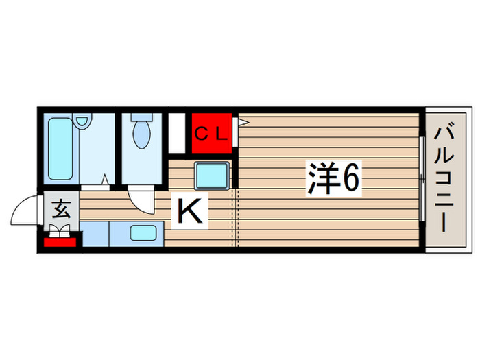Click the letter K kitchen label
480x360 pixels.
click(190, 211)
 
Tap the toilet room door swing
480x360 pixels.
click(142, 200)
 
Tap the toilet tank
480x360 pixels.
click(141, 118)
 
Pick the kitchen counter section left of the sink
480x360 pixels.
click(95, 235)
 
